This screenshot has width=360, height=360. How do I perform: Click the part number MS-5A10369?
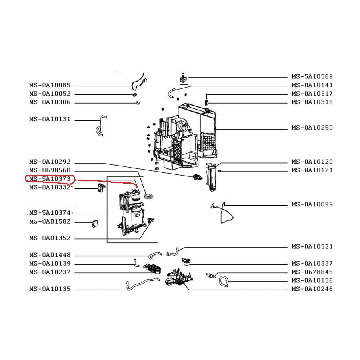click(312, 77)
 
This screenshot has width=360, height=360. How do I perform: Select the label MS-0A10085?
click(50, 85)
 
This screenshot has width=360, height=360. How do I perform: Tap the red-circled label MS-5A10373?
click(50, 179)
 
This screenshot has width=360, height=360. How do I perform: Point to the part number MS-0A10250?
click(312, 128)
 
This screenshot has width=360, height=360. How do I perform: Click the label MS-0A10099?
click(312, 205)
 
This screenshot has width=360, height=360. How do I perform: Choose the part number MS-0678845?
click(312, 272)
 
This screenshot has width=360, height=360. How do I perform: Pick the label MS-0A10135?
click(50, 289)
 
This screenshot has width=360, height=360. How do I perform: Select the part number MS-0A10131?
click(50, 119)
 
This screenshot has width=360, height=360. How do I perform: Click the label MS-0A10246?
click(312, 289)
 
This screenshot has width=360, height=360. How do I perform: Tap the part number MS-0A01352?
click(50, 238)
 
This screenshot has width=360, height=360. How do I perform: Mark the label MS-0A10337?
click(312, 264)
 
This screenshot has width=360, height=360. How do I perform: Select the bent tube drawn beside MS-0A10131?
click(100, 126)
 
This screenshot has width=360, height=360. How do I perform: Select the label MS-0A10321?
click(312, 247)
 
